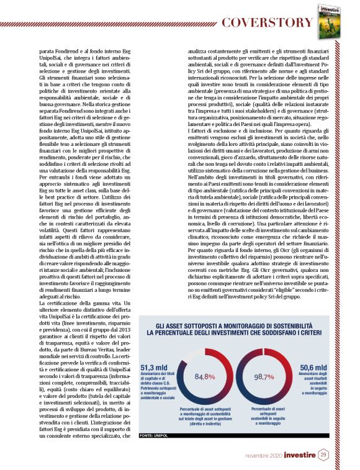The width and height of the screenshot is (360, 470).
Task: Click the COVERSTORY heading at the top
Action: click(268, 23)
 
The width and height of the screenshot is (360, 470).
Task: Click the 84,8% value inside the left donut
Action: click(204, 376)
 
